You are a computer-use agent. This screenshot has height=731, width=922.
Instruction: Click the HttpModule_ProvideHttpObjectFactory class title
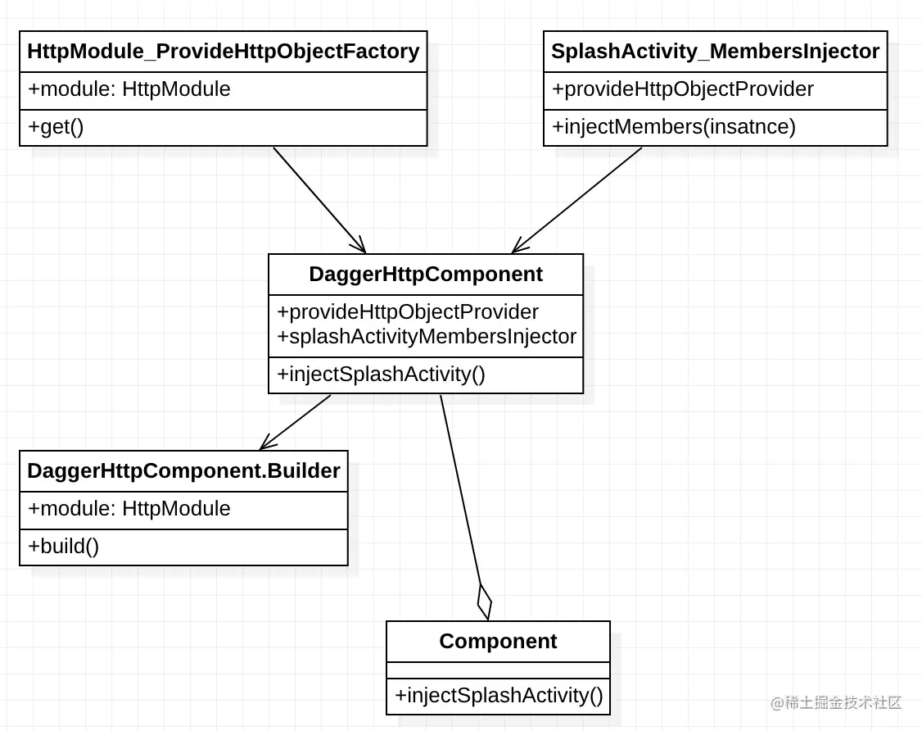click(x=223, y=52)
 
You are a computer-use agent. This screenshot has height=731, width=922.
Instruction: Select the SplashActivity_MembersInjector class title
click(x=715, y=52)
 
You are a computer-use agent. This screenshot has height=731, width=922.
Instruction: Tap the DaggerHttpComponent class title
click(x=425, y=275)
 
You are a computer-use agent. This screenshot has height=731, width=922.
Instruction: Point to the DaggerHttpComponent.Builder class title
click(x=183, y=471)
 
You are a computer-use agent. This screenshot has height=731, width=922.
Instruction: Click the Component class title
click(x=498, y=641)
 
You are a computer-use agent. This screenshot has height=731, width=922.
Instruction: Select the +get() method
click(x=56, y=127)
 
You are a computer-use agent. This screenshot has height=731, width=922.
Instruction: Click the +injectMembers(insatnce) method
click(x=673, y=127)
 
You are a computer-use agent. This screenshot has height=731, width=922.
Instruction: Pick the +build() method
click(x=63, y=547)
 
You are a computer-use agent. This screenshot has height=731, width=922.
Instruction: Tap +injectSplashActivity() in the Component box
click(x=498, y=696)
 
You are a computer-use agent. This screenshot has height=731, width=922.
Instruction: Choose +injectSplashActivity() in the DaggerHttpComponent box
click(x=381, y=375)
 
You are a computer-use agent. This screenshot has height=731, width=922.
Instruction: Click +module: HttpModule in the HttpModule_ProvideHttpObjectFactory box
click(x=129, y=89)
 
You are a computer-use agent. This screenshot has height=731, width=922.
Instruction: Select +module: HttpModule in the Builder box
click(x=129, y=509)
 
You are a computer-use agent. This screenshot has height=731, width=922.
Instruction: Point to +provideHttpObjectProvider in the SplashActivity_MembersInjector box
click(x=682, y=89)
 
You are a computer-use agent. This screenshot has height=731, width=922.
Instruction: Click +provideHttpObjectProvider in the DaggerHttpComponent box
click(x=408, y=312)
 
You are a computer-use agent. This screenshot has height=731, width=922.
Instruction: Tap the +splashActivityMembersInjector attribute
click(x=426, y=336)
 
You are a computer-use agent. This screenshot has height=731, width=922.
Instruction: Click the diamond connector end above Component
click(x=484, y=602)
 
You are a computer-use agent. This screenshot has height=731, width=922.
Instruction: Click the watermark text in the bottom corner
click(x=835, y=702)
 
